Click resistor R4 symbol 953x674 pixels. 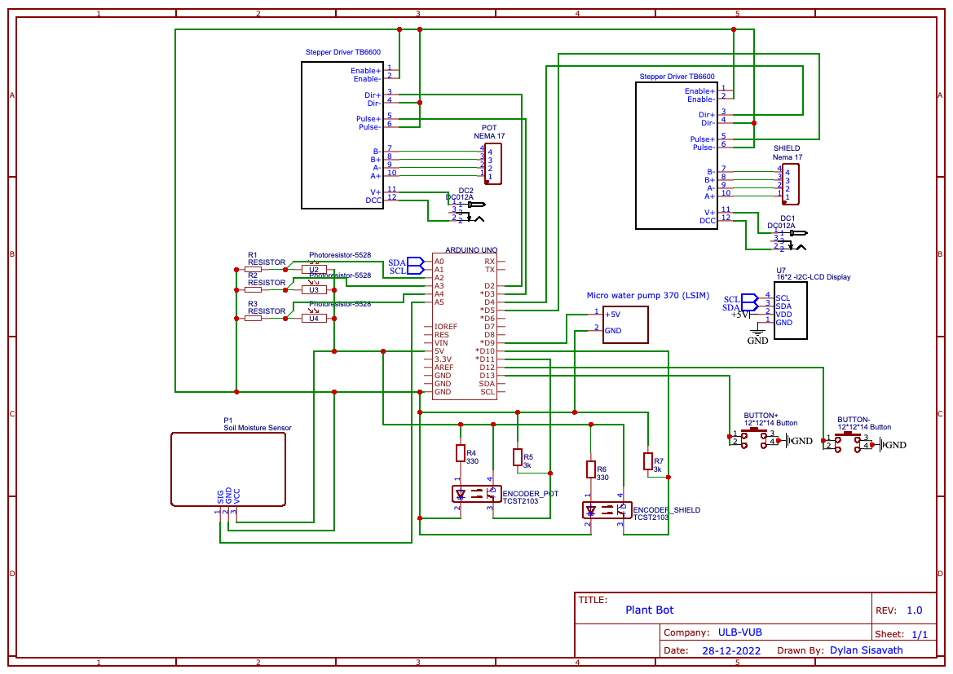point(460,453)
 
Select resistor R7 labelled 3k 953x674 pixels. point(648,461)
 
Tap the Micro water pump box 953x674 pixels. point(625,324)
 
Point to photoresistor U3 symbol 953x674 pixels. point(313,289)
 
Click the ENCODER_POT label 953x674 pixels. point(530,494)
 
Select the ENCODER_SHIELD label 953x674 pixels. point(666,510)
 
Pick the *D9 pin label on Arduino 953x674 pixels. point(488,342)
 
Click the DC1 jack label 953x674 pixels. point(787,218)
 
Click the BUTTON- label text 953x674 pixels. point(854,419)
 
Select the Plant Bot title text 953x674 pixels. point(650,610)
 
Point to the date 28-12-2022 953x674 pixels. point(730,651)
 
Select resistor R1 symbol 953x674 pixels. point(253,268)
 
